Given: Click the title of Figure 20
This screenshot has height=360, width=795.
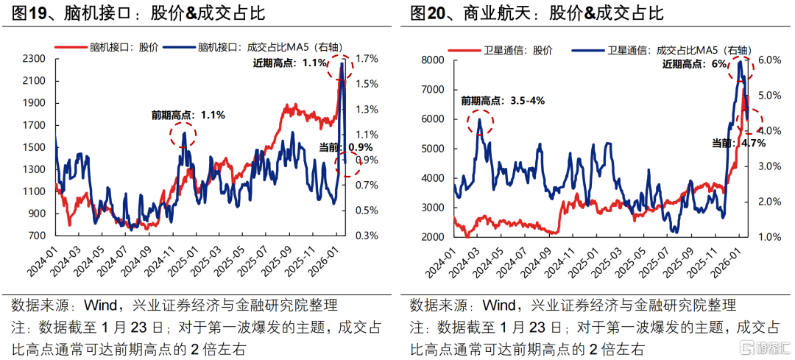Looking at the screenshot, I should (x=537, y=13).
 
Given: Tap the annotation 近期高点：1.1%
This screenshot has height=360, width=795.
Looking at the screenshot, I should (x=289, y=63).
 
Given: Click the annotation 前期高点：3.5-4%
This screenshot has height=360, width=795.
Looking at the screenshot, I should (x=503, y=100).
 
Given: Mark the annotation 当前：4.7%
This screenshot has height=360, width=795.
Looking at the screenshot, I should (x=738, y=143).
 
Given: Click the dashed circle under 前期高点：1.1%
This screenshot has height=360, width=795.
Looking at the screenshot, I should (x=183, y=135).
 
